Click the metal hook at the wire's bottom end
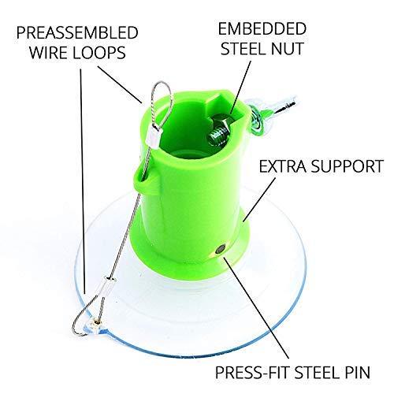tap(84, 320)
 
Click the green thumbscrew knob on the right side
tap(257, 118)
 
